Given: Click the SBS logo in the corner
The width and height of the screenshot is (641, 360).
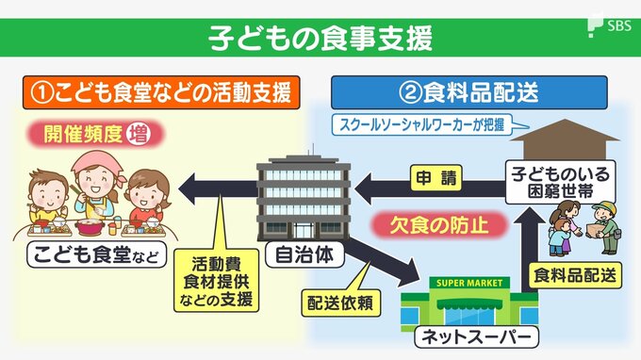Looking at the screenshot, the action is tap(610, 25).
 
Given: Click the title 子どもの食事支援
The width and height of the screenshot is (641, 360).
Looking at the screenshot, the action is tap(320, 39).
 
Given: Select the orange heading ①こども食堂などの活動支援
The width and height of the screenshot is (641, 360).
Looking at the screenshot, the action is tap(161, 92).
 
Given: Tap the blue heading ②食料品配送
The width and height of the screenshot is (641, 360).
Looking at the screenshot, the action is tap(468, 92).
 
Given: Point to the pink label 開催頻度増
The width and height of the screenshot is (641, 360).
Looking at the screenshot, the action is tap(96, 134).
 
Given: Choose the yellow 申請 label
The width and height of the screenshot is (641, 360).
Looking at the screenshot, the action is tap(436, 178).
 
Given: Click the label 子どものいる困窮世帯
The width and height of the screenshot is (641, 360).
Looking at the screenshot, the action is tap(560, 182).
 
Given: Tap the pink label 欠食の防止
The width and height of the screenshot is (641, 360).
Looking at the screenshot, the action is tap(439, 224).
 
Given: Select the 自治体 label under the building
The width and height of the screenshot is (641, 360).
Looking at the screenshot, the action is tap(304, 255).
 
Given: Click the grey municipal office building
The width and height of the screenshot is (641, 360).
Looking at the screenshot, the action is tap(304, 198).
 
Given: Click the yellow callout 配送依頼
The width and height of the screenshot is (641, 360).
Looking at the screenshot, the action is tap(340, 303).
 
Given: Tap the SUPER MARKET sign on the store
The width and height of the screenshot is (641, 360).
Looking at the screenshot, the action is tap(469, 283).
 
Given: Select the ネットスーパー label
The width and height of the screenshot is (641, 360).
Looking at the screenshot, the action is tap(476, 337).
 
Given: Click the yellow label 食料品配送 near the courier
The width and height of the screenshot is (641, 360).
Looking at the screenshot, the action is tap(575, 275).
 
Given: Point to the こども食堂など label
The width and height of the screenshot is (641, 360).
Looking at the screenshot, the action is tap(96, 255).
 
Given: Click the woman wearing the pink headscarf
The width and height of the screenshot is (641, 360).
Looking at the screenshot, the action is tap(97, 184).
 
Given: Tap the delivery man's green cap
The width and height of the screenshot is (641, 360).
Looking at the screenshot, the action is tap(604, 206).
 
